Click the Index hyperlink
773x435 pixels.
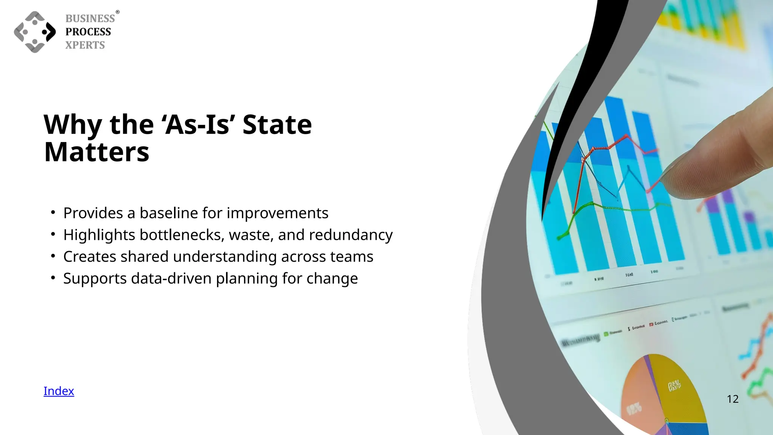click(x=59, y=391)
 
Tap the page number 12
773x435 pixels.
click(x=732, y=399)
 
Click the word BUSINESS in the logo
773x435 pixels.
click(x=90, y=19)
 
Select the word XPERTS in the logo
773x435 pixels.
click(x=85, y=45)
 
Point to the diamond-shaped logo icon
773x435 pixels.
click(x=35, y=32)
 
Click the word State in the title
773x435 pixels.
click(x=277, y=125)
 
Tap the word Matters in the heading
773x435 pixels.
click(x=97, y=152)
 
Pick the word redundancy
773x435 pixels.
click(x=351, y=235)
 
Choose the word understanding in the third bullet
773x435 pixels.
click(x=225, y=257)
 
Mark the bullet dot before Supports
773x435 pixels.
click(x=53, y=278)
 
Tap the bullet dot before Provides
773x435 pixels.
click(x=53, y=213)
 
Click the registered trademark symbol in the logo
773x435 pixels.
click(x=117, y=12)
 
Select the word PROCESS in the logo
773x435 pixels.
click(x=88, y=32)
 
